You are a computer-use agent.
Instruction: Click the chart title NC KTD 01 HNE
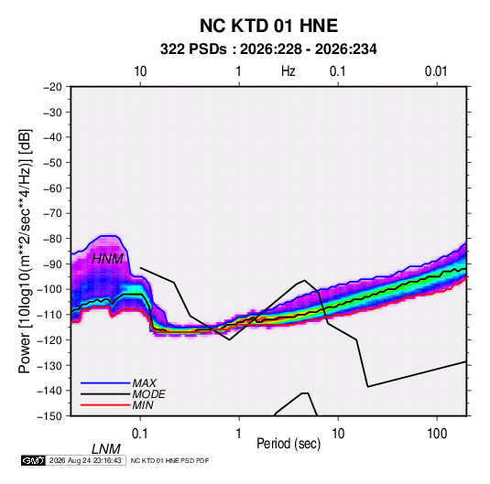coord(268,26)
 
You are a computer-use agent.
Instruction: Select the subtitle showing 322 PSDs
coord(268,49)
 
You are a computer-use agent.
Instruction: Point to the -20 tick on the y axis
coord(52,87)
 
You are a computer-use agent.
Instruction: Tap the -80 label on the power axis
coord(52,239)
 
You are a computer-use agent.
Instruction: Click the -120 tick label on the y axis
coord(49,339)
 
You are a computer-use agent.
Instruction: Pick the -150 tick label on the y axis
coord(49,416)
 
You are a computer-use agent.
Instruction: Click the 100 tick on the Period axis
coord(437,434)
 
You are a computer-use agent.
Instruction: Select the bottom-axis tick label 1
coord(239,434)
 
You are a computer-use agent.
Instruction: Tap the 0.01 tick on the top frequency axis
coord(436,71)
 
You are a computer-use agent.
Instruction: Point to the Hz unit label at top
coord(289,71)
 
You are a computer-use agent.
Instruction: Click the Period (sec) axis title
coord(289,444)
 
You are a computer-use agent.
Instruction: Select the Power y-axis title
coord(25,252)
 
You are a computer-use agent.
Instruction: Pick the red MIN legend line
coord(105,405)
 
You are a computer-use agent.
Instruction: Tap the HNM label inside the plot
coord(107,259)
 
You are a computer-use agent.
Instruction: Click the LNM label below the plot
coord(106,449)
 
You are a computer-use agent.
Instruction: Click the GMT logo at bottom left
coord(34,460)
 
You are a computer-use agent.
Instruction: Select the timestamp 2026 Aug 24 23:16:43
coord(85,460)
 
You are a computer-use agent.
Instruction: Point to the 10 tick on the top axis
coord(140,71)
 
